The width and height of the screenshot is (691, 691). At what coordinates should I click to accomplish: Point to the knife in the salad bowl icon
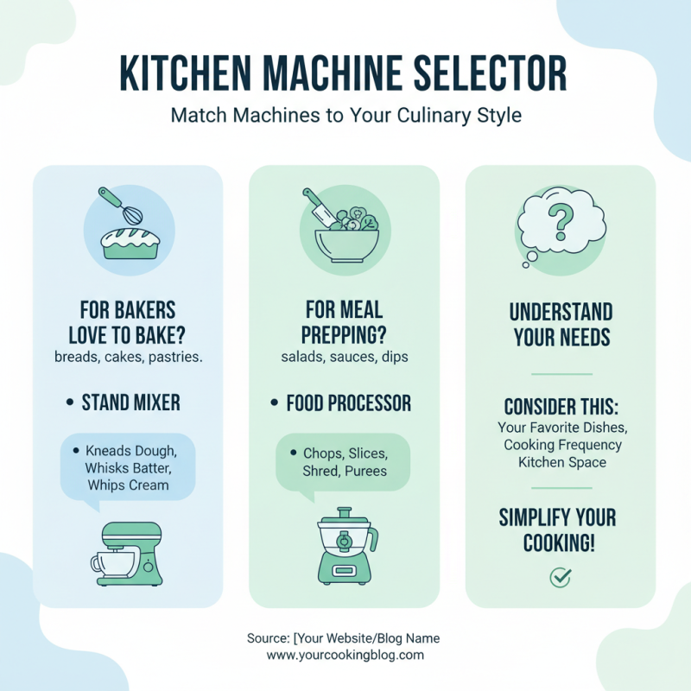point(315,206)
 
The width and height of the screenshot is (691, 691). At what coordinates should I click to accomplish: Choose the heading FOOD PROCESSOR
point(349,403)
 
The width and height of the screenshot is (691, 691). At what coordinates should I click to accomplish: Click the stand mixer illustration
point(128,553)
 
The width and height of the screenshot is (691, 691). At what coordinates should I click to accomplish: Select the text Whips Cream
point(128,485)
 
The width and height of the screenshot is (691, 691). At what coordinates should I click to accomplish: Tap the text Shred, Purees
point(345,471)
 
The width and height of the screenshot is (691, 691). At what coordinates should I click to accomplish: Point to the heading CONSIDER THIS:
point(560,407)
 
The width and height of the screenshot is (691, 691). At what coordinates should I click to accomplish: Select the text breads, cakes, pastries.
point(128,357)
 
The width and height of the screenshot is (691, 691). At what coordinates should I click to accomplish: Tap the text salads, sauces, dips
point(345,357)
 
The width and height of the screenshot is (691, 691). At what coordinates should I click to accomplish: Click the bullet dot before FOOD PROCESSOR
point(271,403)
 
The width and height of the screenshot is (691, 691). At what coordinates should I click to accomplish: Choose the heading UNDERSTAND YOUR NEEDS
point(561,324)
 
